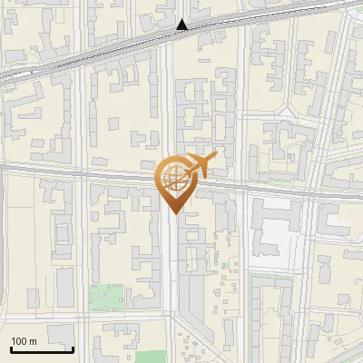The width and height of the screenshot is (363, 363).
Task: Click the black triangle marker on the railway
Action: (x=182, y=25)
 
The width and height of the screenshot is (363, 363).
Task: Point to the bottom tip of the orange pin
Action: (x=173, y=213)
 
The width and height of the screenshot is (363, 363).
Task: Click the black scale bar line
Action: (x=40, y=348)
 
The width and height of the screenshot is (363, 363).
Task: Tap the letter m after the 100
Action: (x=32, y=341)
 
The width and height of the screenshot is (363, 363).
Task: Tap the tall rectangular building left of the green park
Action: (x=65, y=289)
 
